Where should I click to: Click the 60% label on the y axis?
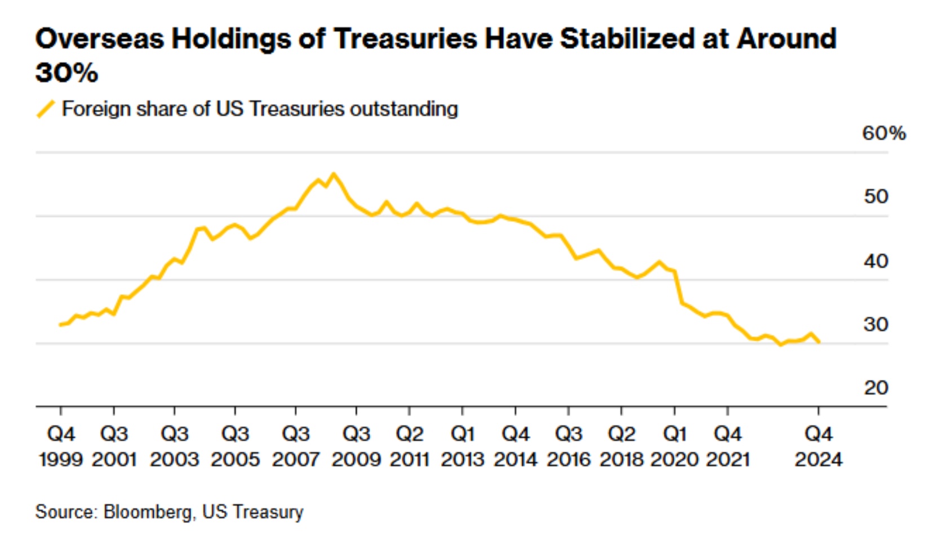(x=883, y=133)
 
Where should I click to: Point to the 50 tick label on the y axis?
(x=876, y=196)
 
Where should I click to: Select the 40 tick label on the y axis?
(x=876, y=261)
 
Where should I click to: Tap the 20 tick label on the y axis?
(x=876, y=388)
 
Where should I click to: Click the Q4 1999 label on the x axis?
(x=61, y=447)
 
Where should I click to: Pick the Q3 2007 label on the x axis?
(x=296, y=447)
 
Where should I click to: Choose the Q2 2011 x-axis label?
(x=410, y=447)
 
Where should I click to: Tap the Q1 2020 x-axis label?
(x=674, y=447)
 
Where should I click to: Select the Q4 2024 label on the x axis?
(x=819, y=447)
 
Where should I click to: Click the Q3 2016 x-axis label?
(x=568, y=447)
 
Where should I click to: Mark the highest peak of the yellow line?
(x=334, y=174)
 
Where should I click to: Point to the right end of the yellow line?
(x=819, y=342)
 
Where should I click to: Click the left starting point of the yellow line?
(x=60, y=325)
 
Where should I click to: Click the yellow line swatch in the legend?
(x=46, y=109)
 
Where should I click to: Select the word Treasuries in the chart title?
(x=405, y=39)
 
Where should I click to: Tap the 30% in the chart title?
(x=66, y=73)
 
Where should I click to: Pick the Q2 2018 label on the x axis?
(x=621, y=447)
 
